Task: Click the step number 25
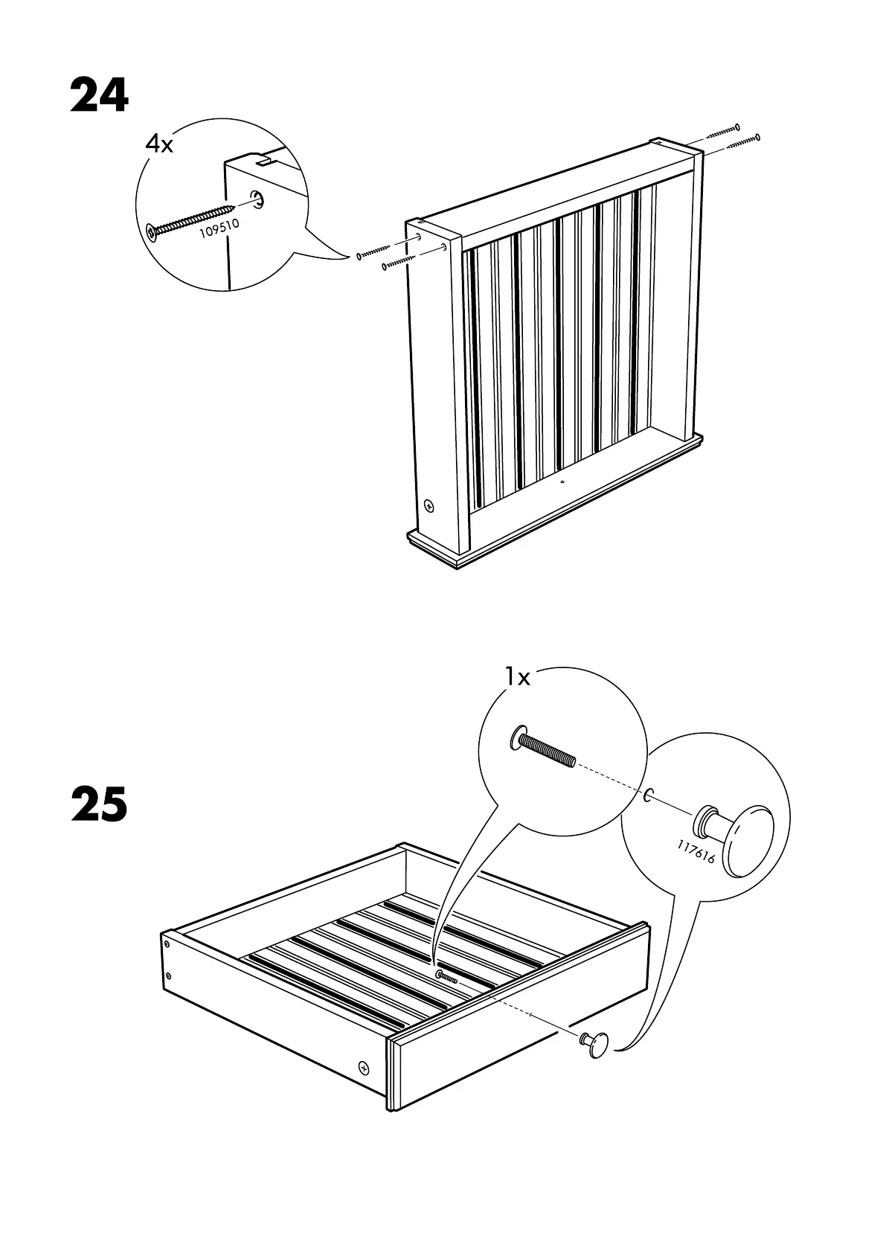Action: coord(100,805)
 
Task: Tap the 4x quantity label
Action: coord(158,144)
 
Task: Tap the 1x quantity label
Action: coord(517,677)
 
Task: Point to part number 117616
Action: coord(696,852)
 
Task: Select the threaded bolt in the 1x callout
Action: coord(542,750)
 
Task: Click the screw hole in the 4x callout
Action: coord(257,199)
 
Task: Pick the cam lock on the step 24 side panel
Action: coord(429,506)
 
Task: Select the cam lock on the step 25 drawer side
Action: coord(364,1067)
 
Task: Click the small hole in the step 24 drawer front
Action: coord(562,481)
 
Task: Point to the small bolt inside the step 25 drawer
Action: coord(446,977)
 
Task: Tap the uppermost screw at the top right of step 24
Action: coord(722,130)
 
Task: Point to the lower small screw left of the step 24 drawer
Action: coord(399,262)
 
